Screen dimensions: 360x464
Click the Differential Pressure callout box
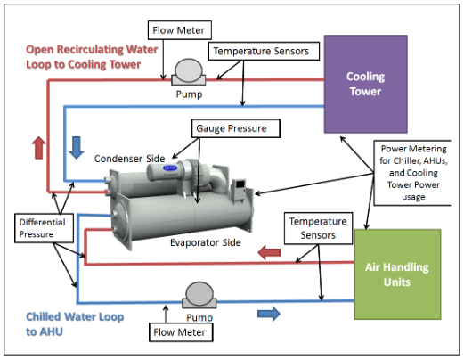(37, 228)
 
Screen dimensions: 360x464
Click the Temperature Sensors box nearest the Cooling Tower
(264, 52)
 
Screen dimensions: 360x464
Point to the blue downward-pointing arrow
(77, 145)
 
